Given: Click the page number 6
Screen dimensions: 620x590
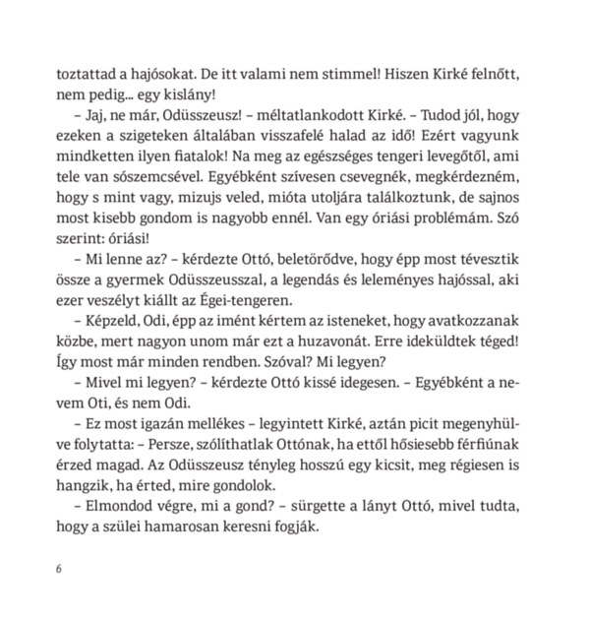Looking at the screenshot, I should tap(61, 569).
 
